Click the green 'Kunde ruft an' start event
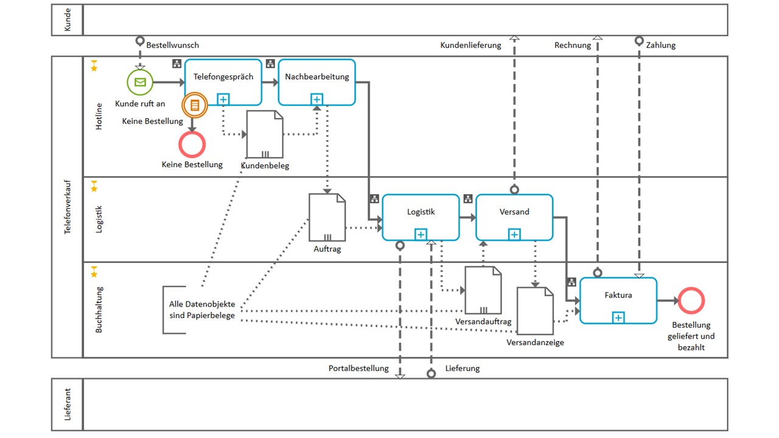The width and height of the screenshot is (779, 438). pos(140,82)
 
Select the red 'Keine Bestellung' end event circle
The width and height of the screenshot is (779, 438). pos(192,145)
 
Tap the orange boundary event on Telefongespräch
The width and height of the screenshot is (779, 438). pos(195,105)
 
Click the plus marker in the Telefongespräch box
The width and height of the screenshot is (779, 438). pos(223,99)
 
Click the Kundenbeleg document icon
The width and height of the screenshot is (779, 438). pos(265,134)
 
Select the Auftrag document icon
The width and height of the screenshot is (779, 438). pos(327,217)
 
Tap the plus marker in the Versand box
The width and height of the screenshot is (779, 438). pos(514,234)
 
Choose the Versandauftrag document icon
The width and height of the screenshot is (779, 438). pos(483,290)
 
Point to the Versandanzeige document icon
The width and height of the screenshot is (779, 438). pos(535,311)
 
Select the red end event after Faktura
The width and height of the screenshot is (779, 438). pos(691,301)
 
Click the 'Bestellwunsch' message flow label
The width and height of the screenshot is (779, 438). pos(172,45)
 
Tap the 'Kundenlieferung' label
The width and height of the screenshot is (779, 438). pos(470,45)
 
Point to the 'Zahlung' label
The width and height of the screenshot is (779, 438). pos(662,45)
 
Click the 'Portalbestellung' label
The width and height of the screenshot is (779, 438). pos(358,368)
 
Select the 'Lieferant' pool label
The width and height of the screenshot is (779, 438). pos(68,404)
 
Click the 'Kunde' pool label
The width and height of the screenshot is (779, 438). pos(68,20)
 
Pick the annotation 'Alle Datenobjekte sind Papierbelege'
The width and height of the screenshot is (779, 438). pos(202,310)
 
